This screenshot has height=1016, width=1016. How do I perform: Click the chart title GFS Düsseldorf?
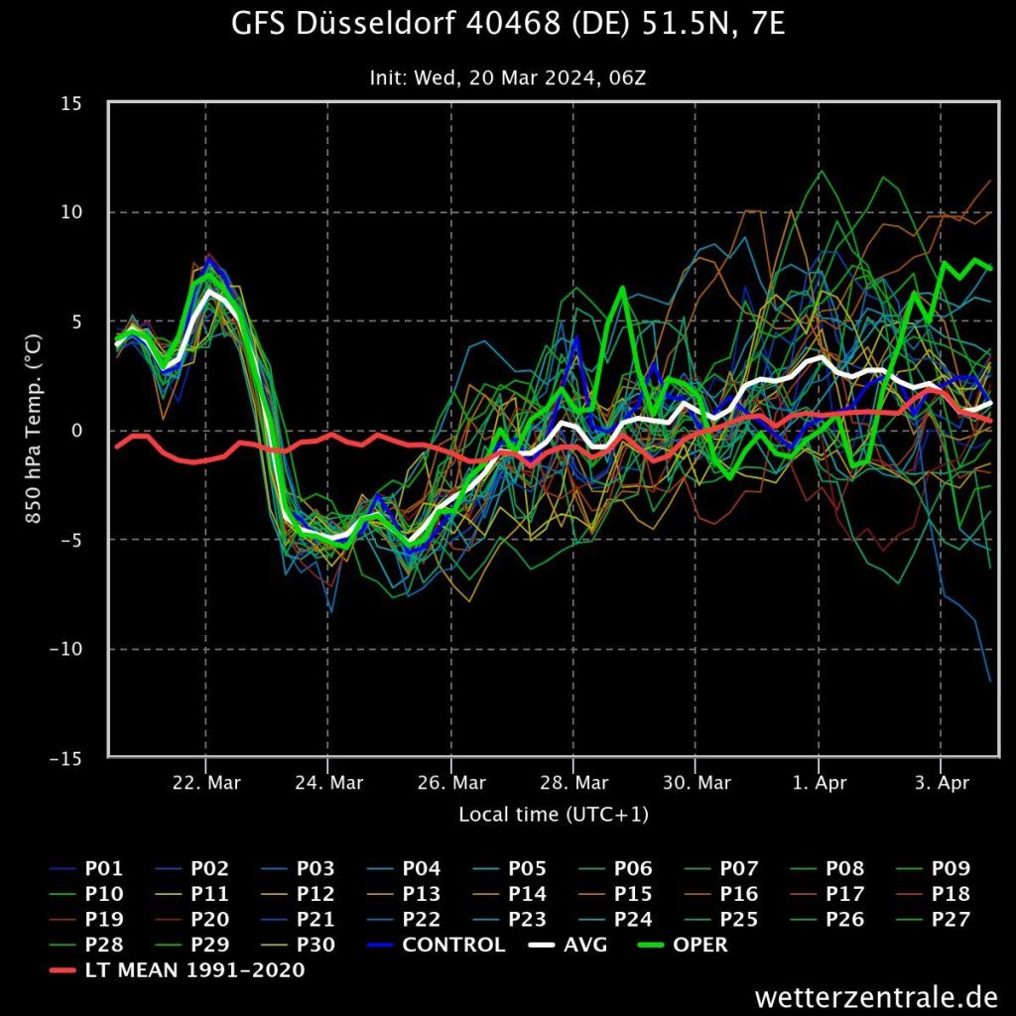click(508, 24)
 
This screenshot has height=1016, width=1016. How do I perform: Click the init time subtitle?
click(508, 77)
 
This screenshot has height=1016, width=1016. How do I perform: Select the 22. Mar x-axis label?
click(206, 783)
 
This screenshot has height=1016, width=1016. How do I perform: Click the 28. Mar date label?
click(573, 783)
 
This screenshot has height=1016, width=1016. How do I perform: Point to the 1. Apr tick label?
click(819, 783)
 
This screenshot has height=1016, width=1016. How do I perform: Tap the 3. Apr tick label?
click(941, 783)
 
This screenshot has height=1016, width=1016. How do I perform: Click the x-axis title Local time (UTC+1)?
click(554, 815)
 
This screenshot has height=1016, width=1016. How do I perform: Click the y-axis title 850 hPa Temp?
click(33, 431)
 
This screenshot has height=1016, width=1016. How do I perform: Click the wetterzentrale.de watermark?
click(875, 995)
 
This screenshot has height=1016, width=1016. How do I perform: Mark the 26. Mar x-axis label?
click(451, 783)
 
